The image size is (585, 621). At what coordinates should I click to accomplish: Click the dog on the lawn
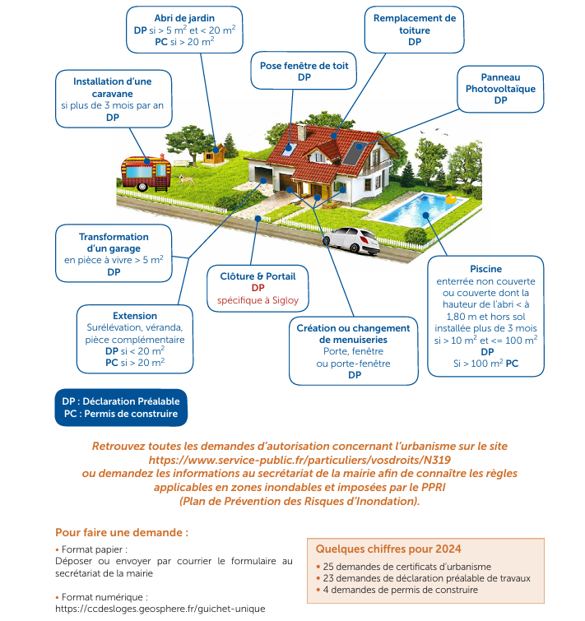click(189, 178)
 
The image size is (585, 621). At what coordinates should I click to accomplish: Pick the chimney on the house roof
click(301, 132)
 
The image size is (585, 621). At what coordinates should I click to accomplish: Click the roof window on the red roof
click(289, 147)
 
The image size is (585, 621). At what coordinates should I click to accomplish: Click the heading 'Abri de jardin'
click(185, 17)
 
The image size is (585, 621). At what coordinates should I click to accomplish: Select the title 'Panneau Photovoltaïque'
click(500, 81)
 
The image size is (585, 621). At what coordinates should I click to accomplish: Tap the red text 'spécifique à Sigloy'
click(258, 301)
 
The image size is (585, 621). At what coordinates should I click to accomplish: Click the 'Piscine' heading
click(485, 269)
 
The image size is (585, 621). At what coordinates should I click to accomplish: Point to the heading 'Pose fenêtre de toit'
click(304, 64)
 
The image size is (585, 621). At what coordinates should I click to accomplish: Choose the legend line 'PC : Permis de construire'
click(120, 414)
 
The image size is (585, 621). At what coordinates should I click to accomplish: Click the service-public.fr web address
click(299, 460)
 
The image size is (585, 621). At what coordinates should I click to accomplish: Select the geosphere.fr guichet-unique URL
click(160, 609)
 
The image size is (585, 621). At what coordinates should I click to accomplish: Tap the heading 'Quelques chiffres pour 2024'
click(388, 549)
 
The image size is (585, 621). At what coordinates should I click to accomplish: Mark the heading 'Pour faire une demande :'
click(121, 532)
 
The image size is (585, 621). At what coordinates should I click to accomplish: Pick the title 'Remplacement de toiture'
click(414, 24)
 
